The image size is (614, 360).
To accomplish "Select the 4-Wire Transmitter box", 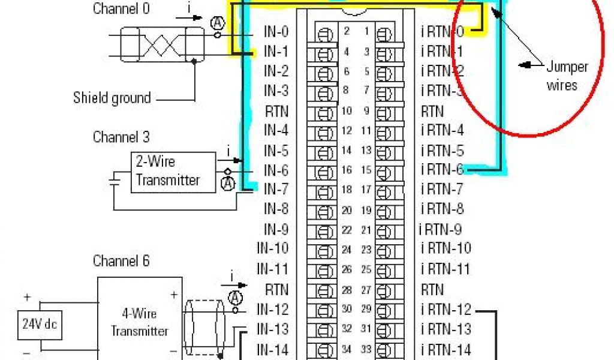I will tap(140, 323).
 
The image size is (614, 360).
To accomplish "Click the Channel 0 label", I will tap(121, 9).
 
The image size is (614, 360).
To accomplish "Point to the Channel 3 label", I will tap(121, 137).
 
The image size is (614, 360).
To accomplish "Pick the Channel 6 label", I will tap(121, 261).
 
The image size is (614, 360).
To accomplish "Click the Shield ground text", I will tap(112, 97).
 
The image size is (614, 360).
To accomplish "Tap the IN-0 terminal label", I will tap(276, 32).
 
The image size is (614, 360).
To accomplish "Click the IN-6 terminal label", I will tap(276, 170).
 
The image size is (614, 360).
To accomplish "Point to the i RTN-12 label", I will tap(446, 310).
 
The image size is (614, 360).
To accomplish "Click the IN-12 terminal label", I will tap(273, 310).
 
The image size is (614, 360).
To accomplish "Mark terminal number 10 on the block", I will tap(347, 111).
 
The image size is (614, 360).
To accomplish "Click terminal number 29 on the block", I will tap(366, 310).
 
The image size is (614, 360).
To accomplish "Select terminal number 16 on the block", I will tap(347, 170).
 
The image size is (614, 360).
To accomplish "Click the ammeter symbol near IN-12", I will tap(236, 298).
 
